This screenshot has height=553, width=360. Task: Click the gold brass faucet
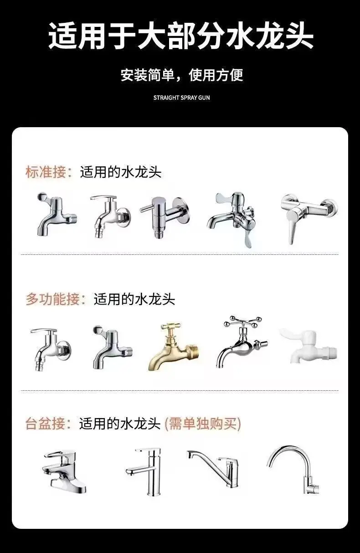coord(173,346)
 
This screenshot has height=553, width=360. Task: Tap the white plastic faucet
coord(309,346)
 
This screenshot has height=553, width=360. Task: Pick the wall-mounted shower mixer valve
coord(309,218)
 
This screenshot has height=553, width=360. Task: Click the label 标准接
coord(46,172)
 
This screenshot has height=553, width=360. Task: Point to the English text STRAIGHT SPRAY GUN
coord(182,98)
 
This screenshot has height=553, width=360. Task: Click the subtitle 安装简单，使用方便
coord(182,75)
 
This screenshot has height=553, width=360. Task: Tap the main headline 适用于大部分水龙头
coord(180,36)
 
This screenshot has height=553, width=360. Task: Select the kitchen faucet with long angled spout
coord(213,468)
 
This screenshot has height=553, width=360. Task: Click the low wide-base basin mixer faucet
coord(65,471)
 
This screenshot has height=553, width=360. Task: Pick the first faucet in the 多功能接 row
coord(51,349)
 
